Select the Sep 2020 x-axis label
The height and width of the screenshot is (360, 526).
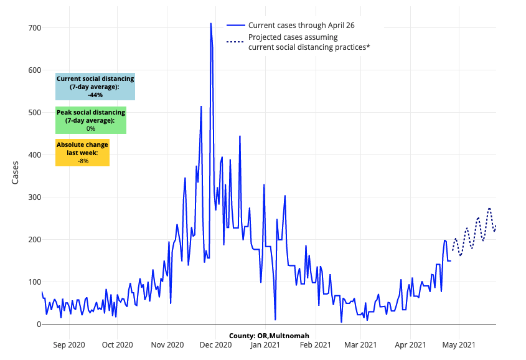(68, 344)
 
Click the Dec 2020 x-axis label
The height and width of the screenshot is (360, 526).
(216, 344)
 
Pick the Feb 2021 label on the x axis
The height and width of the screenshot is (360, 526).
(315, 344)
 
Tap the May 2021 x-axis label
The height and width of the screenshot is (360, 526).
(458, 344)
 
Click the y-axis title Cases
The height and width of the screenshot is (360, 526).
(16, 173)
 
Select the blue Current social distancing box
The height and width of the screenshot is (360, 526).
(95, 87)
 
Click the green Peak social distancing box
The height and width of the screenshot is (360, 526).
(91, 120)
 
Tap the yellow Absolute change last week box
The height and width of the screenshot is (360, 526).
(82, 153)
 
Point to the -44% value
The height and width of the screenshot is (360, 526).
(95, 95)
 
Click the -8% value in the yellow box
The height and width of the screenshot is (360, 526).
(82, 161)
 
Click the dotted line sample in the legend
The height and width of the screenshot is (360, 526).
(235, 42)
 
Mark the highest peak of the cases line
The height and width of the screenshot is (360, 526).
(211, 24)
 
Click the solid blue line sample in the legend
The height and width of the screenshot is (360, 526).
(235, 26)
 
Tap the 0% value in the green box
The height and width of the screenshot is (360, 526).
(91, 128)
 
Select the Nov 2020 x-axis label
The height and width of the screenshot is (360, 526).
(167, 344)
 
